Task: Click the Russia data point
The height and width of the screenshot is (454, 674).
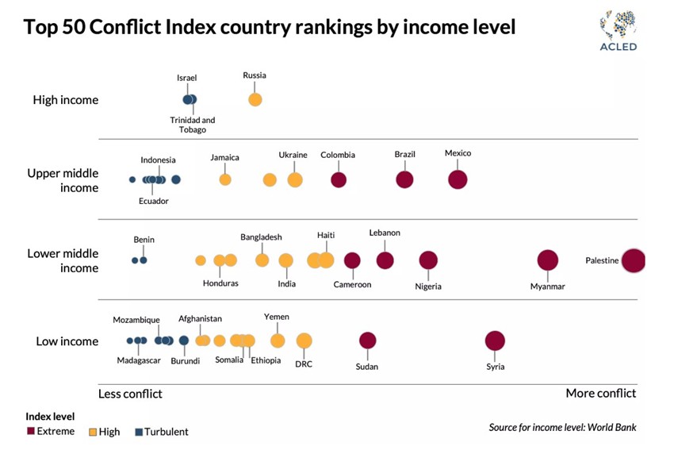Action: (x=255, y=100)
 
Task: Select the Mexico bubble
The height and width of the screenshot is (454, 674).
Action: (x=458, y=179)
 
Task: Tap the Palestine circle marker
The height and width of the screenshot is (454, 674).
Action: (x=633, y=260)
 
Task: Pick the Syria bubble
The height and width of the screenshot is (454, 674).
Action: (x=495, y=341)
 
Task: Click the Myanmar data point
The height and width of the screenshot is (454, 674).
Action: (x=548, y=260)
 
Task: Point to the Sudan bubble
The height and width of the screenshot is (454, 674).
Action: (x=367, y=340)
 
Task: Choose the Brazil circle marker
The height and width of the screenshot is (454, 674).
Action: (x=404, y=179)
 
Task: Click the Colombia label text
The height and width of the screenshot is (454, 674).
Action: (x=338, y=155)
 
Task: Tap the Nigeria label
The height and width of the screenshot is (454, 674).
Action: (x=428, y=286)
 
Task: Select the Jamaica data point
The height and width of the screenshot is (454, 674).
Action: (x=225, y=179)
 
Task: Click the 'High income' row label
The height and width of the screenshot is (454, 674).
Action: (x=66, y=100)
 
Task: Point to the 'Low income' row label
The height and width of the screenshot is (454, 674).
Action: (x=67, y=341)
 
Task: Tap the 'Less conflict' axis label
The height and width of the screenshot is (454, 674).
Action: (x=130, y=394)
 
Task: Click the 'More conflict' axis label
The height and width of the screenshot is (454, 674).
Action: (x=600, y=394)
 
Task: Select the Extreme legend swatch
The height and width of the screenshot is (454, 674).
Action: (x=30, y=432)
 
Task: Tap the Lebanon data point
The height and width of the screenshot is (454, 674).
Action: (x=385, y=260)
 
